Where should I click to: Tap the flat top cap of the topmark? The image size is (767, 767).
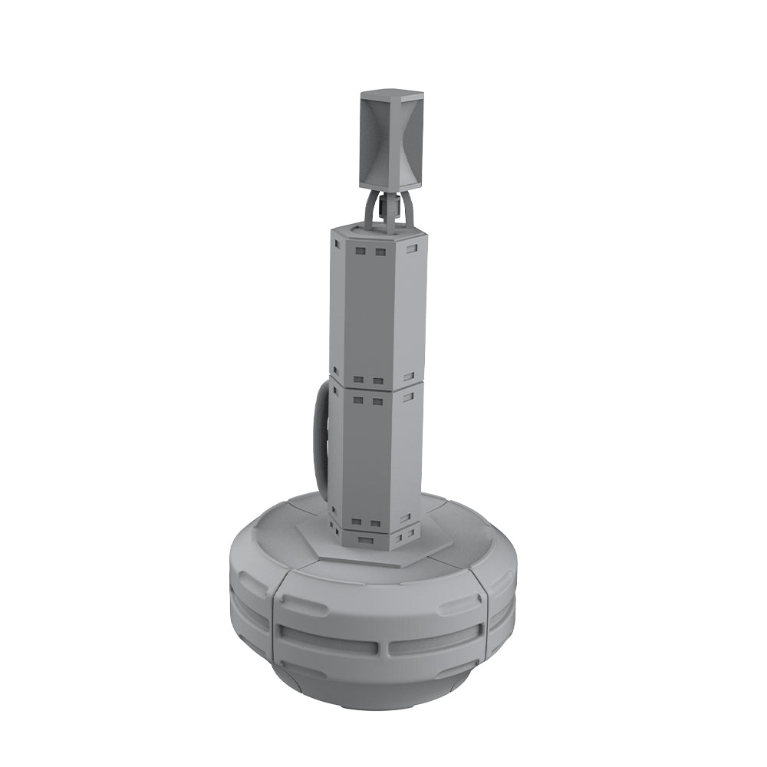[391, 95]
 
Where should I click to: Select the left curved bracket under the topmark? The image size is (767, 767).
[371, 209]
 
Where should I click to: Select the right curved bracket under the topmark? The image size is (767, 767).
[409, 209]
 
